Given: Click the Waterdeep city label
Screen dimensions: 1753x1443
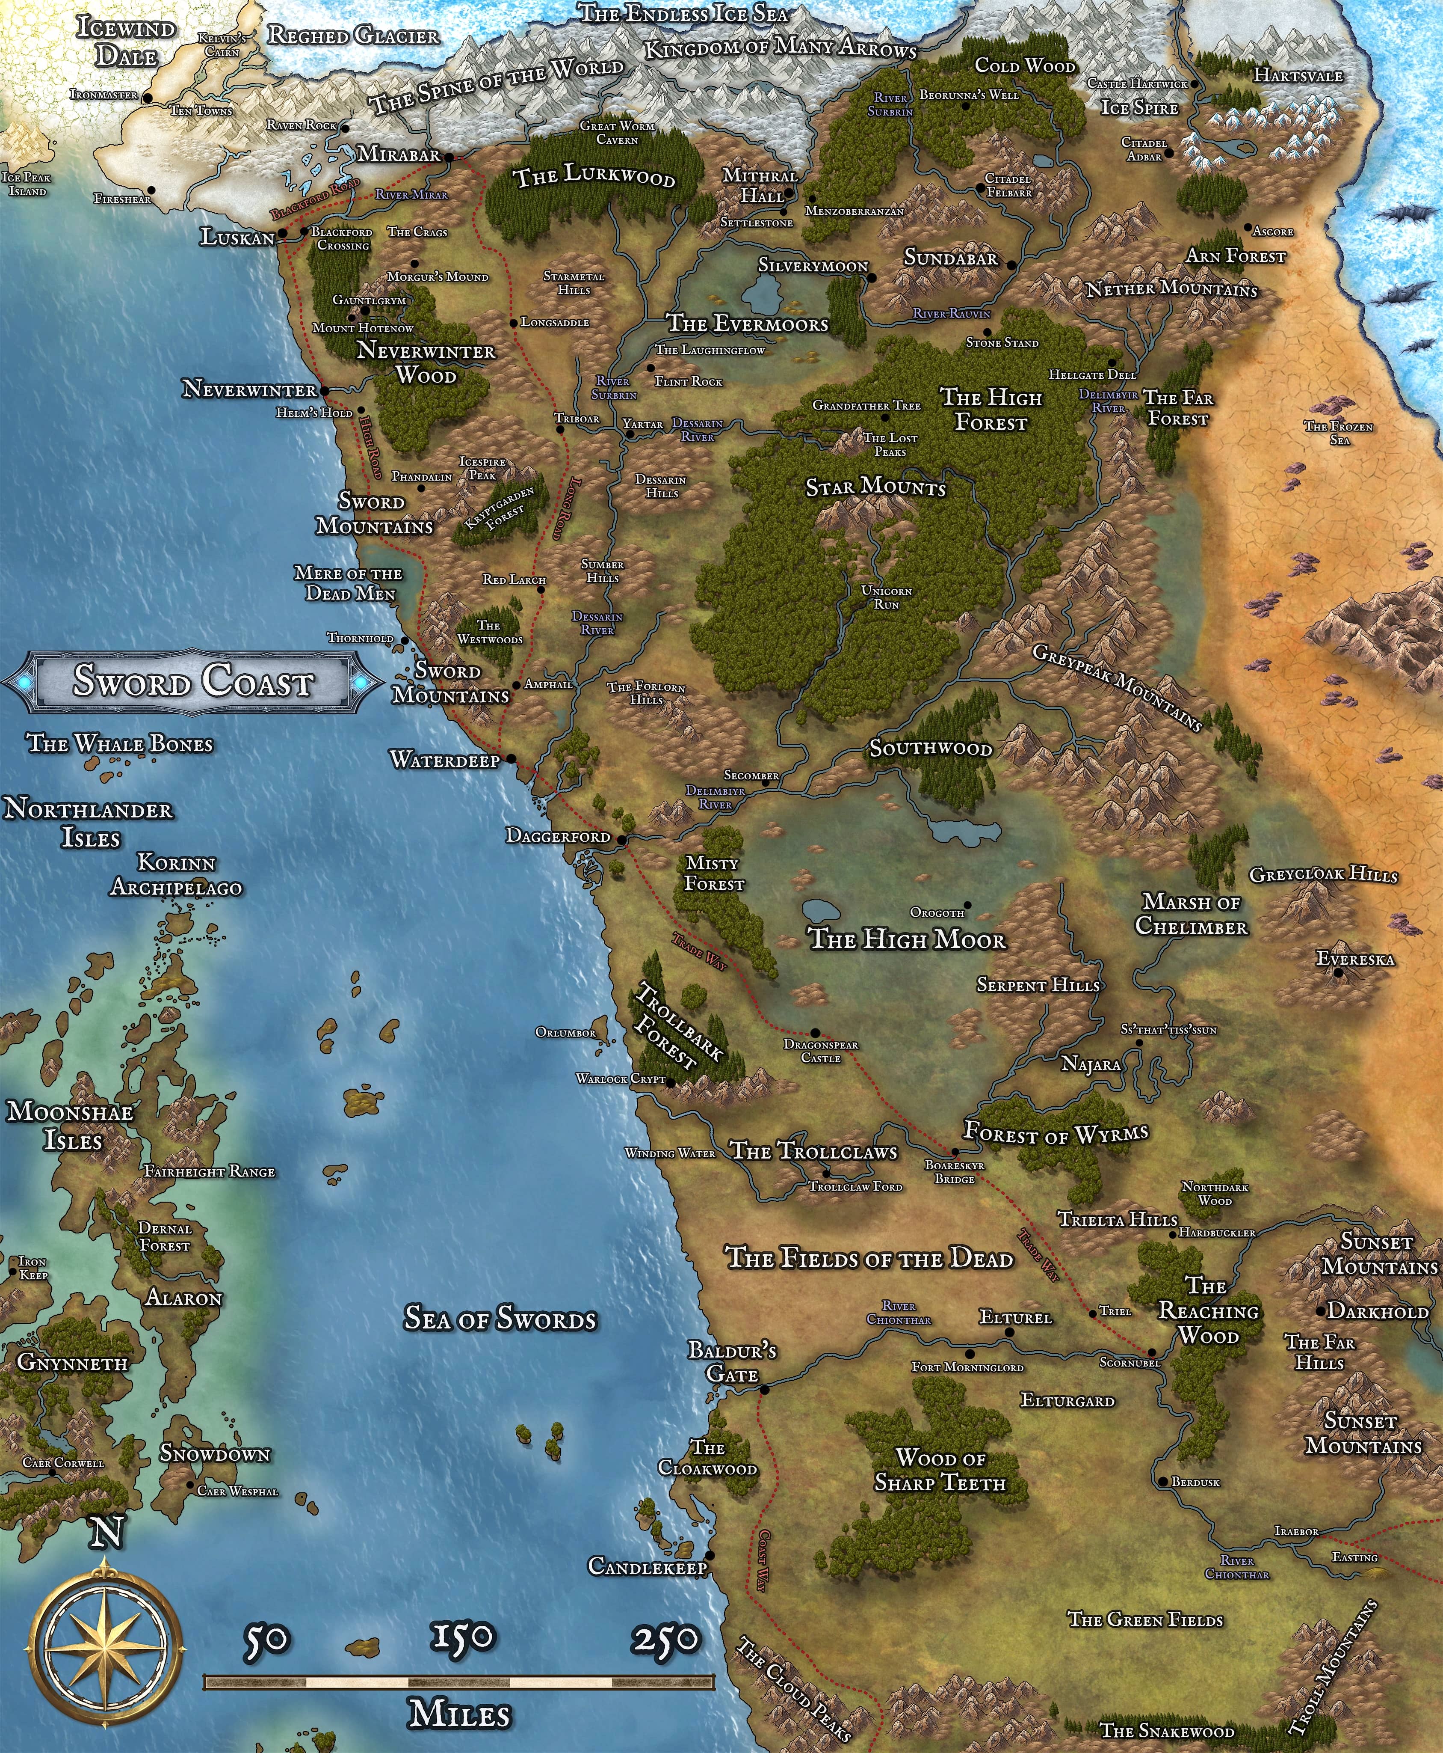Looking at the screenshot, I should tap(445, 759).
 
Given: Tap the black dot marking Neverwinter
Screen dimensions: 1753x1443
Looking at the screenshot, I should tap(324, 389).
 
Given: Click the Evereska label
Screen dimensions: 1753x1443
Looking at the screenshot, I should tap(1355, 959).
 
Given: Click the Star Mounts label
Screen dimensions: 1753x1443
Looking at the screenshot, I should tap(875, 487).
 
